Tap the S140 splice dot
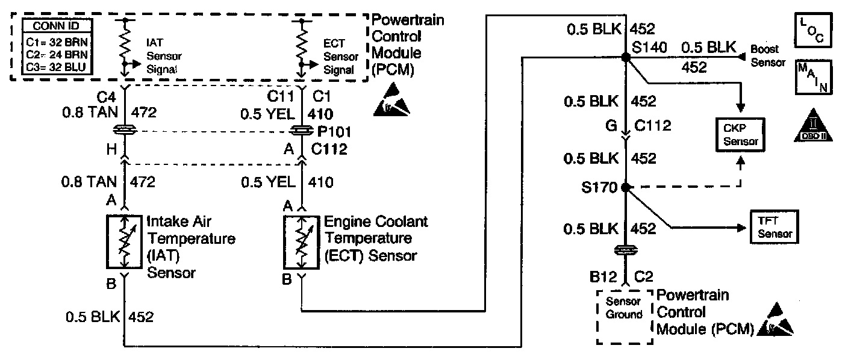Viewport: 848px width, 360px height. coord(626,57)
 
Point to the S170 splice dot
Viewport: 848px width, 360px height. coord(626,187)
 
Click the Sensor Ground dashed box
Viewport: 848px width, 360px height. coord(625,316)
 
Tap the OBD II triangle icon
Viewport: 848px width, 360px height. coord(814,128)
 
